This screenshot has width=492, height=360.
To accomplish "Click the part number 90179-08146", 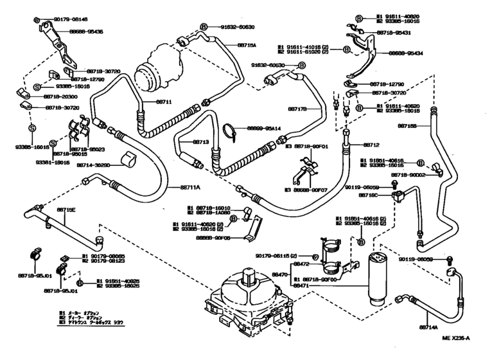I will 55,19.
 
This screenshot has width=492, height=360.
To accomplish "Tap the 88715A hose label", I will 247,45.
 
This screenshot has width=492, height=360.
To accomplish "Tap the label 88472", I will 302,264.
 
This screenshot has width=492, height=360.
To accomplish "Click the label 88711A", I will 190,188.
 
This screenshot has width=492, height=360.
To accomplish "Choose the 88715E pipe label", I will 66,210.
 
